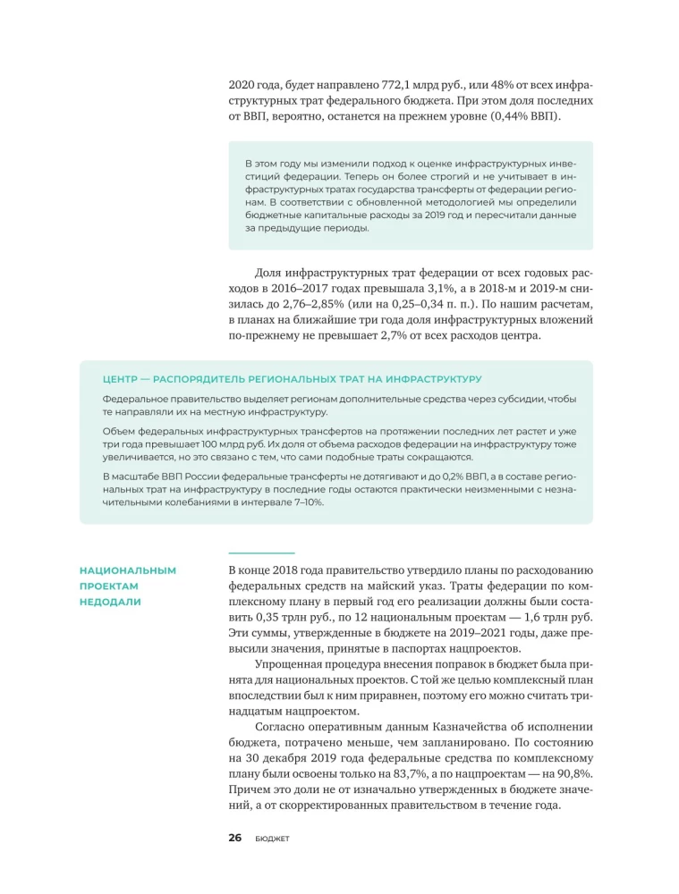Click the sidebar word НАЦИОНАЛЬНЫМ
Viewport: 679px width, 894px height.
click(x=128, y=569)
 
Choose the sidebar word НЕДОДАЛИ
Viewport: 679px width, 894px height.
click(x=110, y=602)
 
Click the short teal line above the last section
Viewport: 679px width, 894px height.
click(x=261, y=552)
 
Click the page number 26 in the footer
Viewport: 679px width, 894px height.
click(x=234, y=838)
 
